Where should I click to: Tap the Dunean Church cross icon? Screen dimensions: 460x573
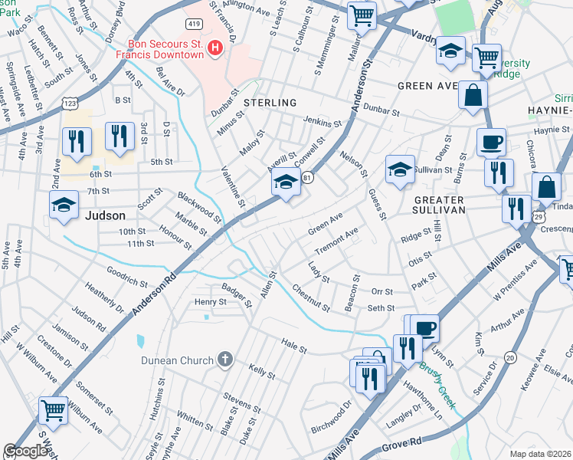[224, 359]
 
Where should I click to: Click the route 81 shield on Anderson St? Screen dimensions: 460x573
[307, 178]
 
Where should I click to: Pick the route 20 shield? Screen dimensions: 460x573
[510, 357]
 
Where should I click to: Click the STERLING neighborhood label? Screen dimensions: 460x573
[270, 103]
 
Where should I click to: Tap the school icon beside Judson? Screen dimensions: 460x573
[64, 204]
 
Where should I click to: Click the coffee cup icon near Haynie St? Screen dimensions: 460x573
[491, 142]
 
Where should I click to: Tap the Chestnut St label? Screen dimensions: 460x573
[310, 298]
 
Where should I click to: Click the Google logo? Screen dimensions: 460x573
[26, 451]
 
